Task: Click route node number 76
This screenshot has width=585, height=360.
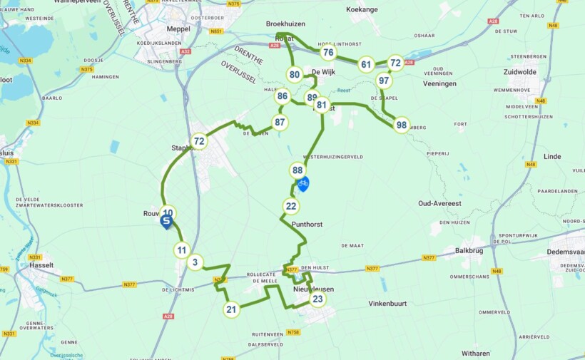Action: (327, 52)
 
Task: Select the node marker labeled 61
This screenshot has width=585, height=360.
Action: (366, 64)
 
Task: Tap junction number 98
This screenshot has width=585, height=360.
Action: (402, 125)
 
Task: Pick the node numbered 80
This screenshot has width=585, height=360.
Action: (295, 74)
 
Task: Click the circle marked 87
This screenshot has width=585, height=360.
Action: (280, 122)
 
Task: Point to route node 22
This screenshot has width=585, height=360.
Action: (291, 207)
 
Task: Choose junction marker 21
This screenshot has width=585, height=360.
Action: (230, 309)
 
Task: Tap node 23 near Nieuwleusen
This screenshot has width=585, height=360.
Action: (317, 299)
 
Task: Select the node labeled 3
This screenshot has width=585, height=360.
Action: (195, 262)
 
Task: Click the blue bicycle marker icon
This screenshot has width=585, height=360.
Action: (303, 184)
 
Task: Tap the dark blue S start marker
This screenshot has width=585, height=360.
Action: (166, 222)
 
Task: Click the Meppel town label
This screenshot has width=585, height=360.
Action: (178, 29)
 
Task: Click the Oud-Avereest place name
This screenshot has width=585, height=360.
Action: (444, 203)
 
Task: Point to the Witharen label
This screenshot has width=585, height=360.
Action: (475, 353)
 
